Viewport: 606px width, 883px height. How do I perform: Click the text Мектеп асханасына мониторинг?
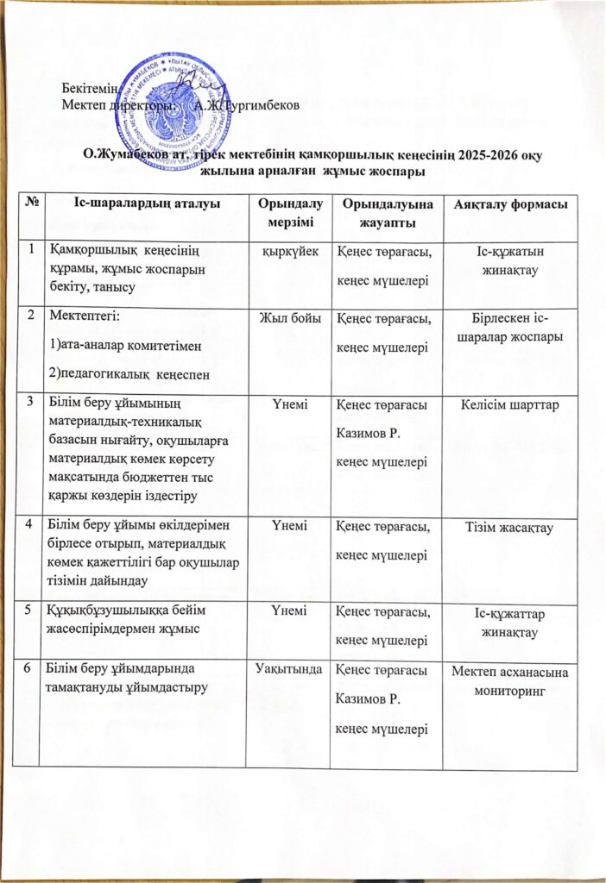[504, 676]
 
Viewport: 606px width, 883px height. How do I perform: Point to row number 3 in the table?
[31, 399]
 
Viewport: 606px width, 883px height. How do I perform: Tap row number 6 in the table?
[31, 668]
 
